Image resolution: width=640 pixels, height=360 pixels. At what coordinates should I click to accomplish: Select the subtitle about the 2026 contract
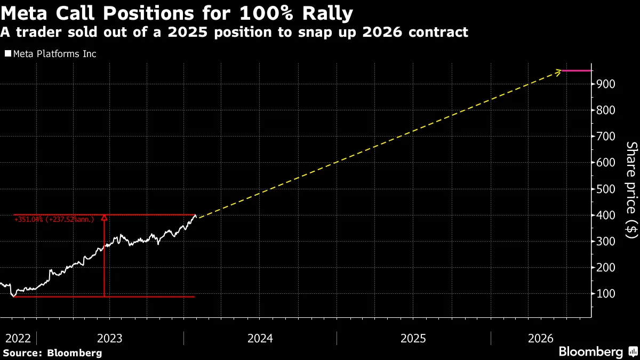tap(234, 33)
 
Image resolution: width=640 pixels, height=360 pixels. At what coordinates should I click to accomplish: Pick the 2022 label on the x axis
tap(18, 339)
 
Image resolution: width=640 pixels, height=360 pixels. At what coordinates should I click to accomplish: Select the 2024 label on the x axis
tap(260, 339)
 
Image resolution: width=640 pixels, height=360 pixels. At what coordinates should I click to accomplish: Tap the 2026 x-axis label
tap(541, 339)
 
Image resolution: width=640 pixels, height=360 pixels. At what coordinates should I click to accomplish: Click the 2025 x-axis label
tap(413, 339)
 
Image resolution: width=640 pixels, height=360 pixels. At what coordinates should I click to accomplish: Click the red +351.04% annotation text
tap(57, 219)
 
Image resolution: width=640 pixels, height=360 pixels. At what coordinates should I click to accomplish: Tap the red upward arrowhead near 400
tap(105, 218)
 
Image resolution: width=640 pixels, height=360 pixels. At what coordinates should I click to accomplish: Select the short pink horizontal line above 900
tap(577, 70)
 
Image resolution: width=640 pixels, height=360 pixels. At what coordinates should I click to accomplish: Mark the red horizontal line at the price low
tap(149, 297)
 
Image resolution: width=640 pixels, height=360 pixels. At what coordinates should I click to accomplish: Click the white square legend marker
tap(8, 54)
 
